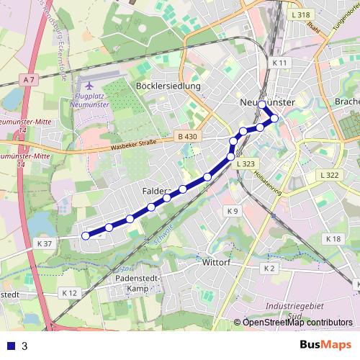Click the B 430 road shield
(x=186, y=137)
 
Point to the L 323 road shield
(x=245, y=164)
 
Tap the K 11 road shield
(x=280, y=63)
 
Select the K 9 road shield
(x=232, y=211)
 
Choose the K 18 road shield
(x=333, y=239)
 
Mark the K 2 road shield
(x=269, y=268)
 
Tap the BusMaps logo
(x=325, y=345)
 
